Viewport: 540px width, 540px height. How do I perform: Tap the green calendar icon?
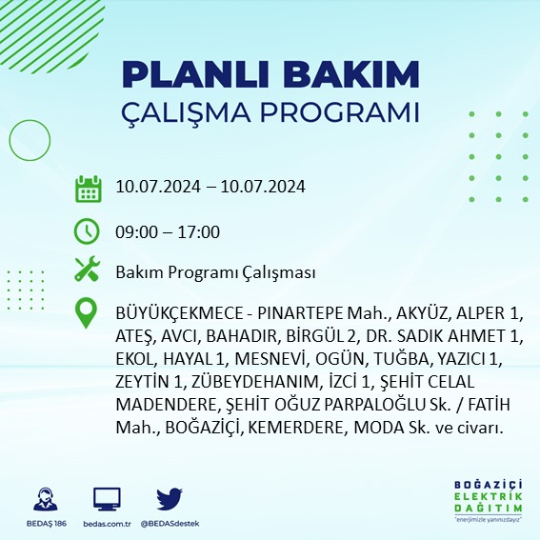pyautogui.click(x=88, y=188)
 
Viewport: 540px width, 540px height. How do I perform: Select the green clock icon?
pyautogui.click(x=87, y=230)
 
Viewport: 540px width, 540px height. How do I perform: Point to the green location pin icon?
pyautogui.click(x=88, y=313)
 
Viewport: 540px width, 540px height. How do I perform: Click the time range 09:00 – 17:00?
pyautogui.click(x=167, y=231)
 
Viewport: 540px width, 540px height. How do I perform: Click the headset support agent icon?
pyautogui.click(x=43, y=500)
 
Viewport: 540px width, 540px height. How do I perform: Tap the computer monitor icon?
pyautogui.click(x=107, y=500)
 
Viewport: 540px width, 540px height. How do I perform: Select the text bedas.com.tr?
pyautogui.click(x=107, y=525)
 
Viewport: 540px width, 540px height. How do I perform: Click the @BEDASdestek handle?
pyautogui.click(x=169, y=525)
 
